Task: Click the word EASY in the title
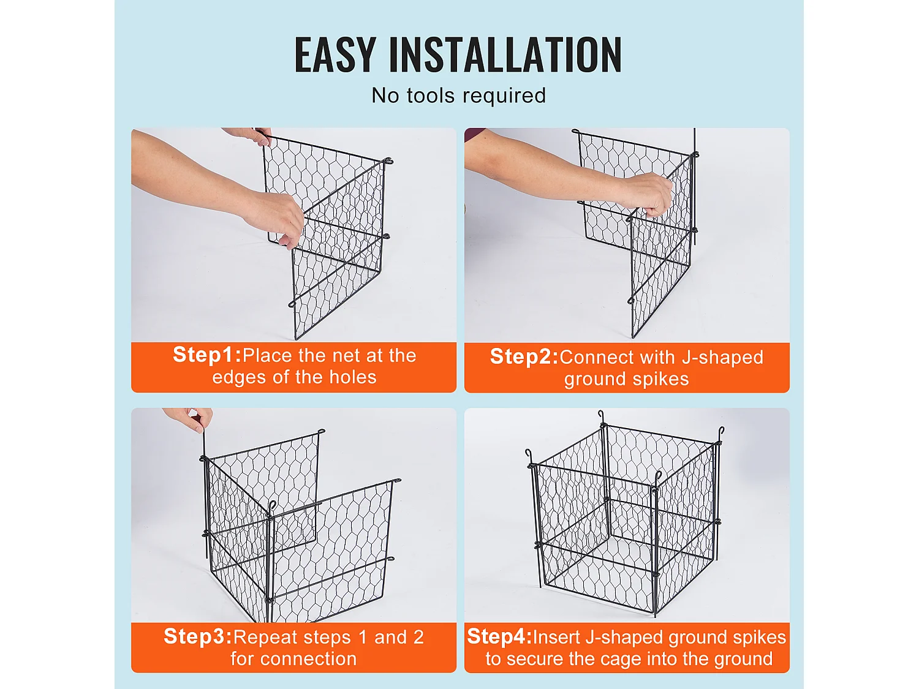click(335, 55)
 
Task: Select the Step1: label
click(207, 355)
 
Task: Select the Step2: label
click(524, 356)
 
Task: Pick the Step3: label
click(198, 637)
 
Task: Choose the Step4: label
click(499, 637)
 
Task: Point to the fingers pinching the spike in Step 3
click(196, 419)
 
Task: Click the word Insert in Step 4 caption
click(557, 638)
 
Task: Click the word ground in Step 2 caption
click(592, 379)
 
